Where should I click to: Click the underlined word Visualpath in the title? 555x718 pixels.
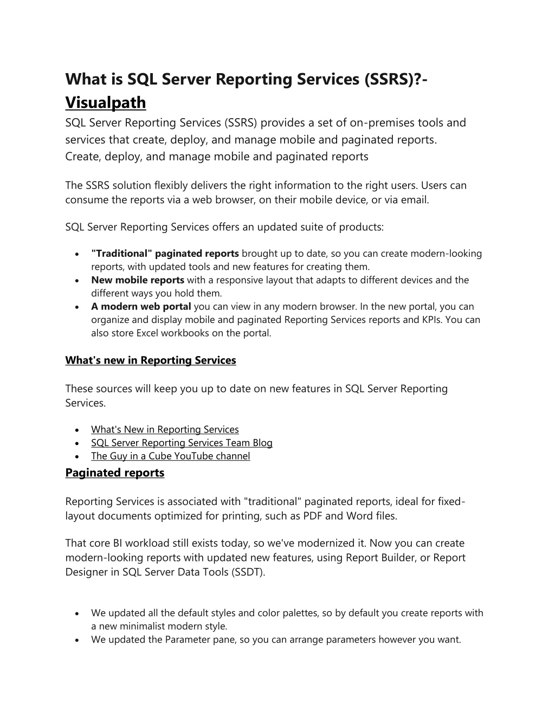[106, 102]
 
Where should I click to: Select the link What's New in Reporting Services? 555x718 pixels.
[165, 430]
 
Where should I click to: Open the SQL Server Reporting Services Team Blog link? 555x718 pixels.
[182, 443]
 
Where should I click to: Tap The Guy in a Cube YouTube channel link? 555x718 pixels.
[170, 456]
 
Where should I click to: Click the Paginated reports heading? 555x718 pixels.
[114, 473]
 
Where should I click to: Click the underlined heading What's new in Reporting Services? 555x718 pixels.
[150, 360]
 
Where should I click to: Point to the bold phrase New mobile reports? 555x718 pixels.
[138, 280]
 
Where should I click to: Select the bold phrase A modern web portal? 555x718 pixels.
[141, 307]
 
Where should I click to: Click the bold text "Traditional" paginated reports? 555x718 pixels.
[165, 254]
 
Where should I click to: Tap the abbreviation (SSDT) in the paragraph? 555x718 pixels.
[248, 572]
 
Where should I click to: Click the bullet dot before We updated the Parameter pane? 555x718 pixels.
[79, 640]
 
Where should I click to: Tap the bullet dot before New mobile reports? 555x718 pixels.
[79, 281]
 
